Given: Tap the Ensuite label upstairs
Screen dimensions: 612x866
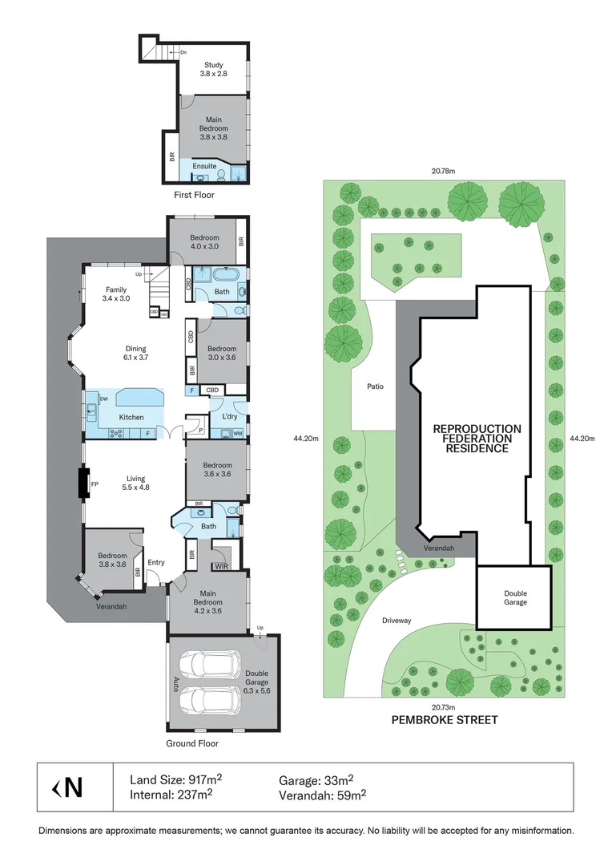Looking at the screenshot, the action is pyautogui.click(x=204, y=166).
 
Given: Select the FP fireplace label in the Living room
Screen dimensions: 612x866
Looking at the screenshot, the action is pyautogui.click(x=95, y=484).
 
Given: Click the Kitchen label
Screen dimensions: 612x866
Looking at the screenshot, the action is pyautogui.click(x=131, y=417).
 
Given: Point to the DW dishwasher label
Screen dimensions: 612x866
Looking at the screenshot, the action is pyautogui.click(x=104, y=399).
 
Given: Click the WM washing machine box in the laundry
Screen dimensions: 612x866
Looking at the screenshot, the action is pyautogui.click(x=238, y=434).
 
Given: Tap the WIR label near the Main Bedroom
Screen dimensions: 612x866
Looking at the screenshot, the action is pyautogui.click(x=221, y=566).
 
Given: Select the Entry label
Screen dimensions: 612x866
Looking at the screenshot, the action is pyautogui.click(x=156, y=562).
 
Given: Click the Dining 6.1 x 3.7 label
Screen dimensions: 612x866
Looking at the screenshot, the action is pyautogui.click(x=135, y=353).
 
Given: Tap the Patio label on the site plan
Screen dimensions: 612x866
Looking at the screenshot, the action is pyautogui.click(x=375, y=386).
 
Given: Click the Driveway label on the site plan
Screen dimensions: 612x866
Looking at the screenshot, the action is pyautogui.click(x=397, y=620).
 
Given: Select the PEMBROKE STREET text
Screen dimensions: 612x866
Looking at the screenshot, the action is pyautogui.click(x=445, y=719).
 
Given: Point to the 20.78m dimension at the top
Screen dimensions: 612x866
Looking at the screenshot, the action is pyautogui.click(x=443, y=172).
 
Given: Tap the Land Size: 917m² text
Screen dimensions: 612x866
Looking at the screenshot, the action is pyautogui.click(x=176, y=780).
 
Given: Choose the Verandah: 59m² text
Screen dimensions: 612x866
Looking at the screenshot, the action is pyautogui.click(x=323, y=795).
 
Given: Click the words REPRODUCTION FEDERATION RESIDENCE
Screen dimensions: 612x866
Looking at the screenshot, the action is pyautogui.click(x=477, y=439).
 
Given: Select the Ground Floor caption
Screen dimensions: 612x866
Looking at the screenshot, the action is pyautogui.click(x=192, y=743).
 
